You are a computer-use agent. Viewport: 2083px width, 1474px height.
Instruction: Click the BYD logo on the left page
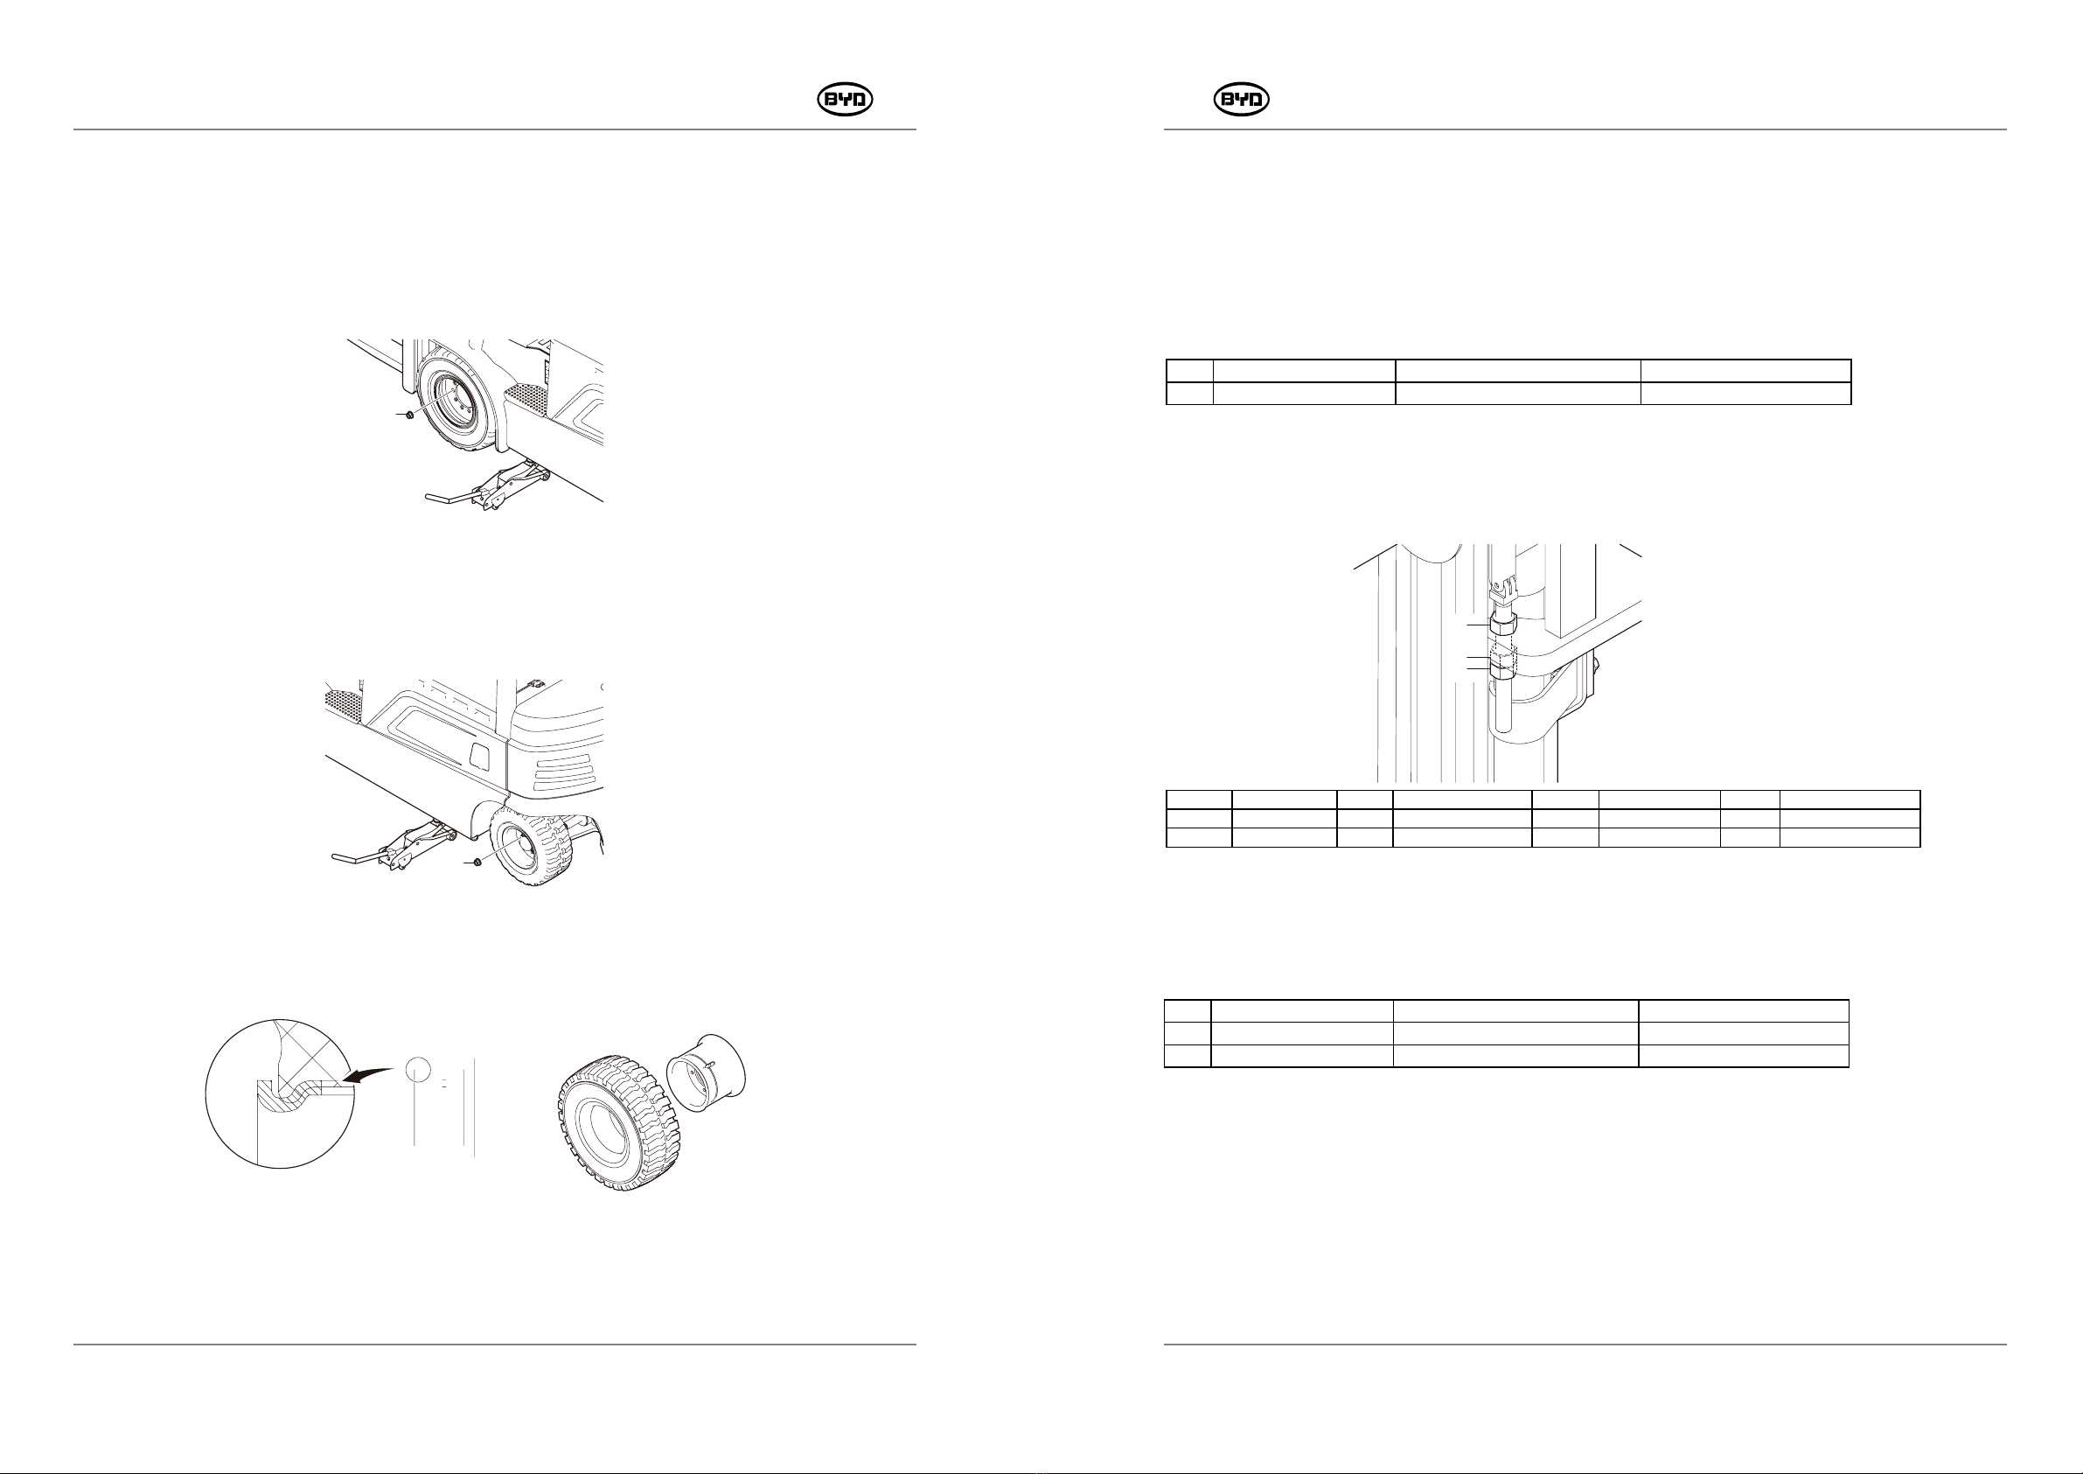coord(845,100)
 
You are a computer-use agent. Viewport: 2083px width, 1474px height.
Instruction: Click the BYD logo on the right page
coord(1241,100)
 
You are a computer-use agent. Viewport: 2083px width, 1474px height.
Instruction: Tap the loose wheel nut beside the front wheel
coord(410,415)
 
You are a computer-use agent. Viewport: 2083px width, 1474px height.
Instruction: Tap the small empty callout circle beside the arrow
coord(416,1068)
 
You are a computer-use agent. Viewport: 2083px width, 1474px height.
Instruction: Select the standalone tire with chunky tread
coord(616,1135)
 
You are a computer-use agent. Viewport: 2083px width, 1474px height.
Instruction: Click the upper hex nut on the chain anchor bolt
coord(1501,625)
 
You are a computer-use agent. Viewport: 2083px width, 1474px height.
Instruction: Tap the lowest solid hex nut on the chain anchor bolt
coord(1501,668)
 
